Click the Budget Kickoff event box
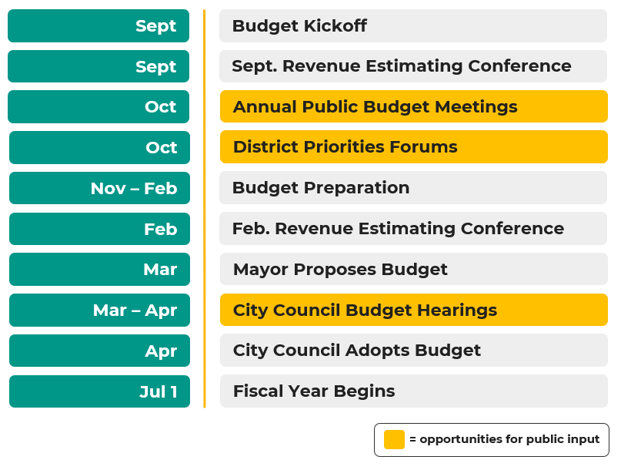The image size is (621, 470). pos(413,26)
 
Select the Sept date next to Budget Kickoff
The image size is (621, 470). pos(98,26)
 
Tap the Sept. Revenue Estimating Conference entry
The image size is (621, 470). pos(413,66)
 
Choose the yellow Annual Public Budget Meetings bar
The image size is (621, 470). pos(413,106)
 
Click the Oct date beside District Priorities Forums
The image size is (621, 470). pos(99,147)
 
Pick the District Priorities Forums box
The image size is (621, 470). pos(413,147)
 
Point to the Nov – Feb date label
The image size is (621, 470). pos(99,188)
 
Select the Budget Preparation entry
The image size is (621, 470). pos(413,188)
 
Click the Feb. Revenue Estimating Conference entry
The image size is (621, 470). pos(413,229)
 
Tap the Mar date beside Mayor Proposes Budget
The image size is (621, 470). pos(99,270)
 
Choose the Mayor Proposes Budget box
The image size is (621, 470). pos(413,270)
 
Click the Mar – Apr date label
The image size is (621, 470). pos(99,311)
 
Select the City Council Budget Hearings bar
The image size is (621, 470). pos(413,311)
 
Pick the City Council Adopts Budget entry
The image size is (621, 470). pos(413,351)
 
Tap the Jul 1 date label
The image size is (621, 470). pos(99,391)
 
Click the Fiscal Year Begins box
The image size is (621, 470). pos(413,391)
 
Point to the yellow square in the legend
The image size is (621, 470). pos(394,439)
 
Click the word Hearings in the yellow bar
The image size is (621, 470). pos(454,311)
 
